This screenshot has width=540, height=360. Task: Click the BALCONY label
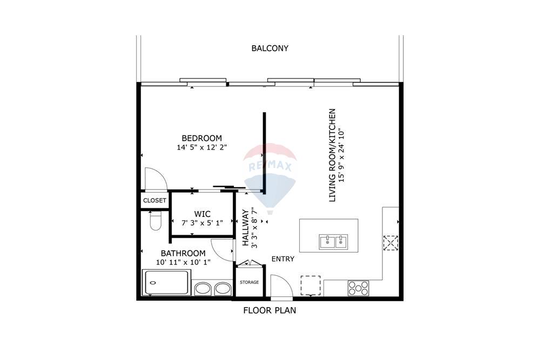(x=269, y=48)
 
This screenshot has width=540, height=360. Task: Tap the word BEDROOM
(x=201, y=138)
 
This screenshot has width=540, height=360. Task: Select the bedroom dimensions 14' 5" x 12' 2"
(x=201, y=147)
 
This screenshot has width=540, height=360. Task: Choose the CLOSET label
(x=154, y=200)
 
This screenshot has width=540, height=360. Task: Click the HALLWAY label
(x=245, y=228)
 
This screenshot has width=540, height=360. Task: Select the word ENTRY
(x=283, y=259)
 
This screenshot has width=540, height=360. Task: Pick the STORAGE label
(x=249, y=282)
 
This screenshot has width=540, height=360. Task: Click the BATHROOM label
(x=183, y=253)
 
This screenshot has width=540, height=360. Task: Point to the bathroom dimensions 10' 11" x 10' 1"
(x=183, y=262)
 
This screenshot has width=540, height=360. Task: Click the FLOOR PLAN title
(x=269, y=310)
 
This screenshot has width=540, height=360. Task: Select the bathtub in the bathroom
(x=166, y=283)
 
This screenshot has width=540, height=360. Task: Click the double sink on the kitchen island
(x=333, y=242)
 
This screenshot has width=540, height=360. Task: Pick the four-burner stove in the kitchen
(x=358, y=288)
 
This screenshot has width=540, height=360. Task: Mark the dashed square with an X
(x=390, y=243)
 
